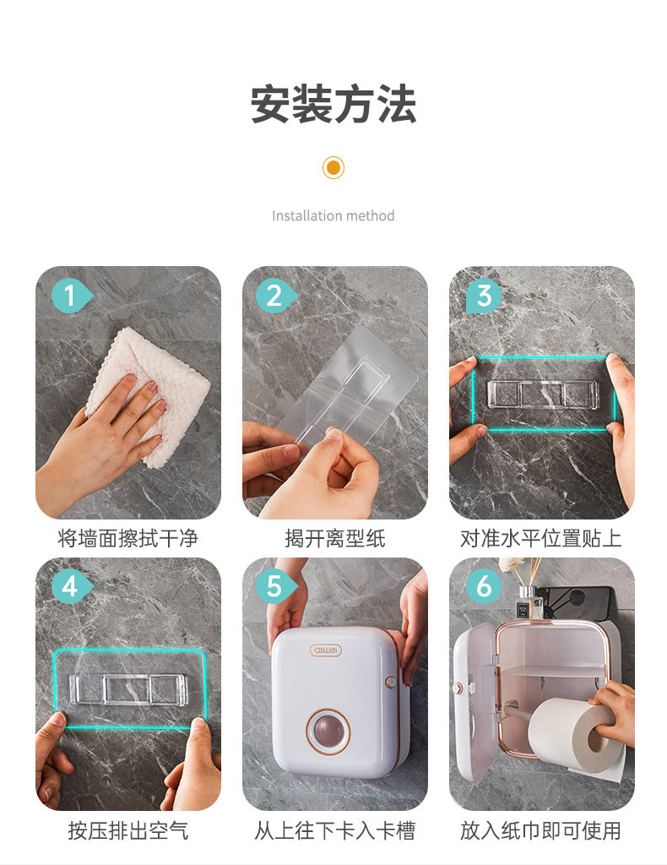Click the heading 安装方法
pos(333,104)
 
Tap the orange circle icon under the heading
pos(333,167)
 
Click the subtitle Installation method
pos(333,215)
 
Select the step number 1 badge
pos(71,296)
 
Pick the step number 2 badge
pos(276,296)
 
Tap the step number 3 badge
pos(484,296)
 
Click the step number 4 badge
pos(71,586)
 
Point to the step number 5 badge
pos(276,586)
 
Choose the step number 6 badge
pos(484,586)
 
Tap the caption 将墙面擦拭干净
pos(127,538)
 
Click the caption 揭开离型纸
pos(334,538)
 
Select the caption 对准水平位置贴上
pos(540,538)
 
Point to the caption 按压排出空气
pos(127,830)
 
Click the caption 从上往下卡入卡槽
pos(334,830)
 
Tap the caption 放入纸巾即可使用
pos(540,830)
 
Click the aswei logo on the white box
pos(326,650)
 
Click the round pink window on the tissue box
pos(328,731)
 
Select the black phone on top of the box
pos(576,602)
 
